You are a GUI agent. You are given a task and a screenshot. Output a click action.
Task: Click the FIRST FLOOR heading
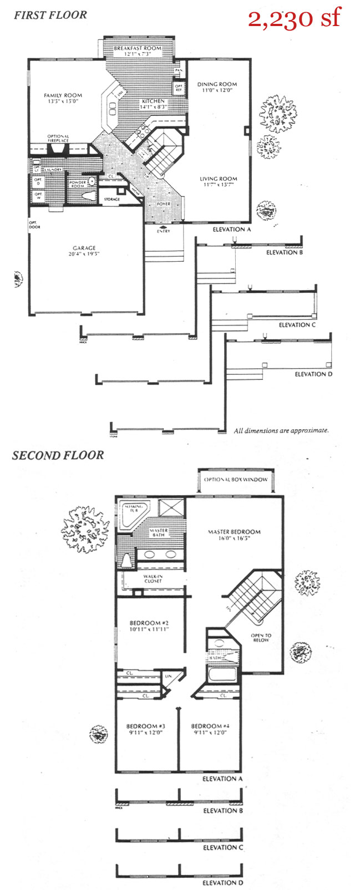[50, 15]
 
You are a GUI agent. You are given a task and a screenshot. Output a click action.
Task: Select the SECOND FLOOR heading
[58, 455]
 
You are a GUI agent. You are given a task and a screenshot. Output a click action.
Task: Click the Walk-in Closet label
[153, 578]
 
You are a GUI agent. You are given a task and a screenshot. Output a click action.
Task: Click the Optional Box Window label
[235, 480]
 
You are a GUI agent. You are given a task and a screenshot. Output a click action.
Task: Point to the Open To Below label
[261, 638]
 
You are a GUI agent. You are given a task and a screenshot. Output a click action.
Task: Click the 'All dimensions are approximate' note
[281, 430]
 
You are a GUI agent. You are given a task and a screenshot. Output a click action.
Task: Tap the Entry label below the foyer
[163, 231]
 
